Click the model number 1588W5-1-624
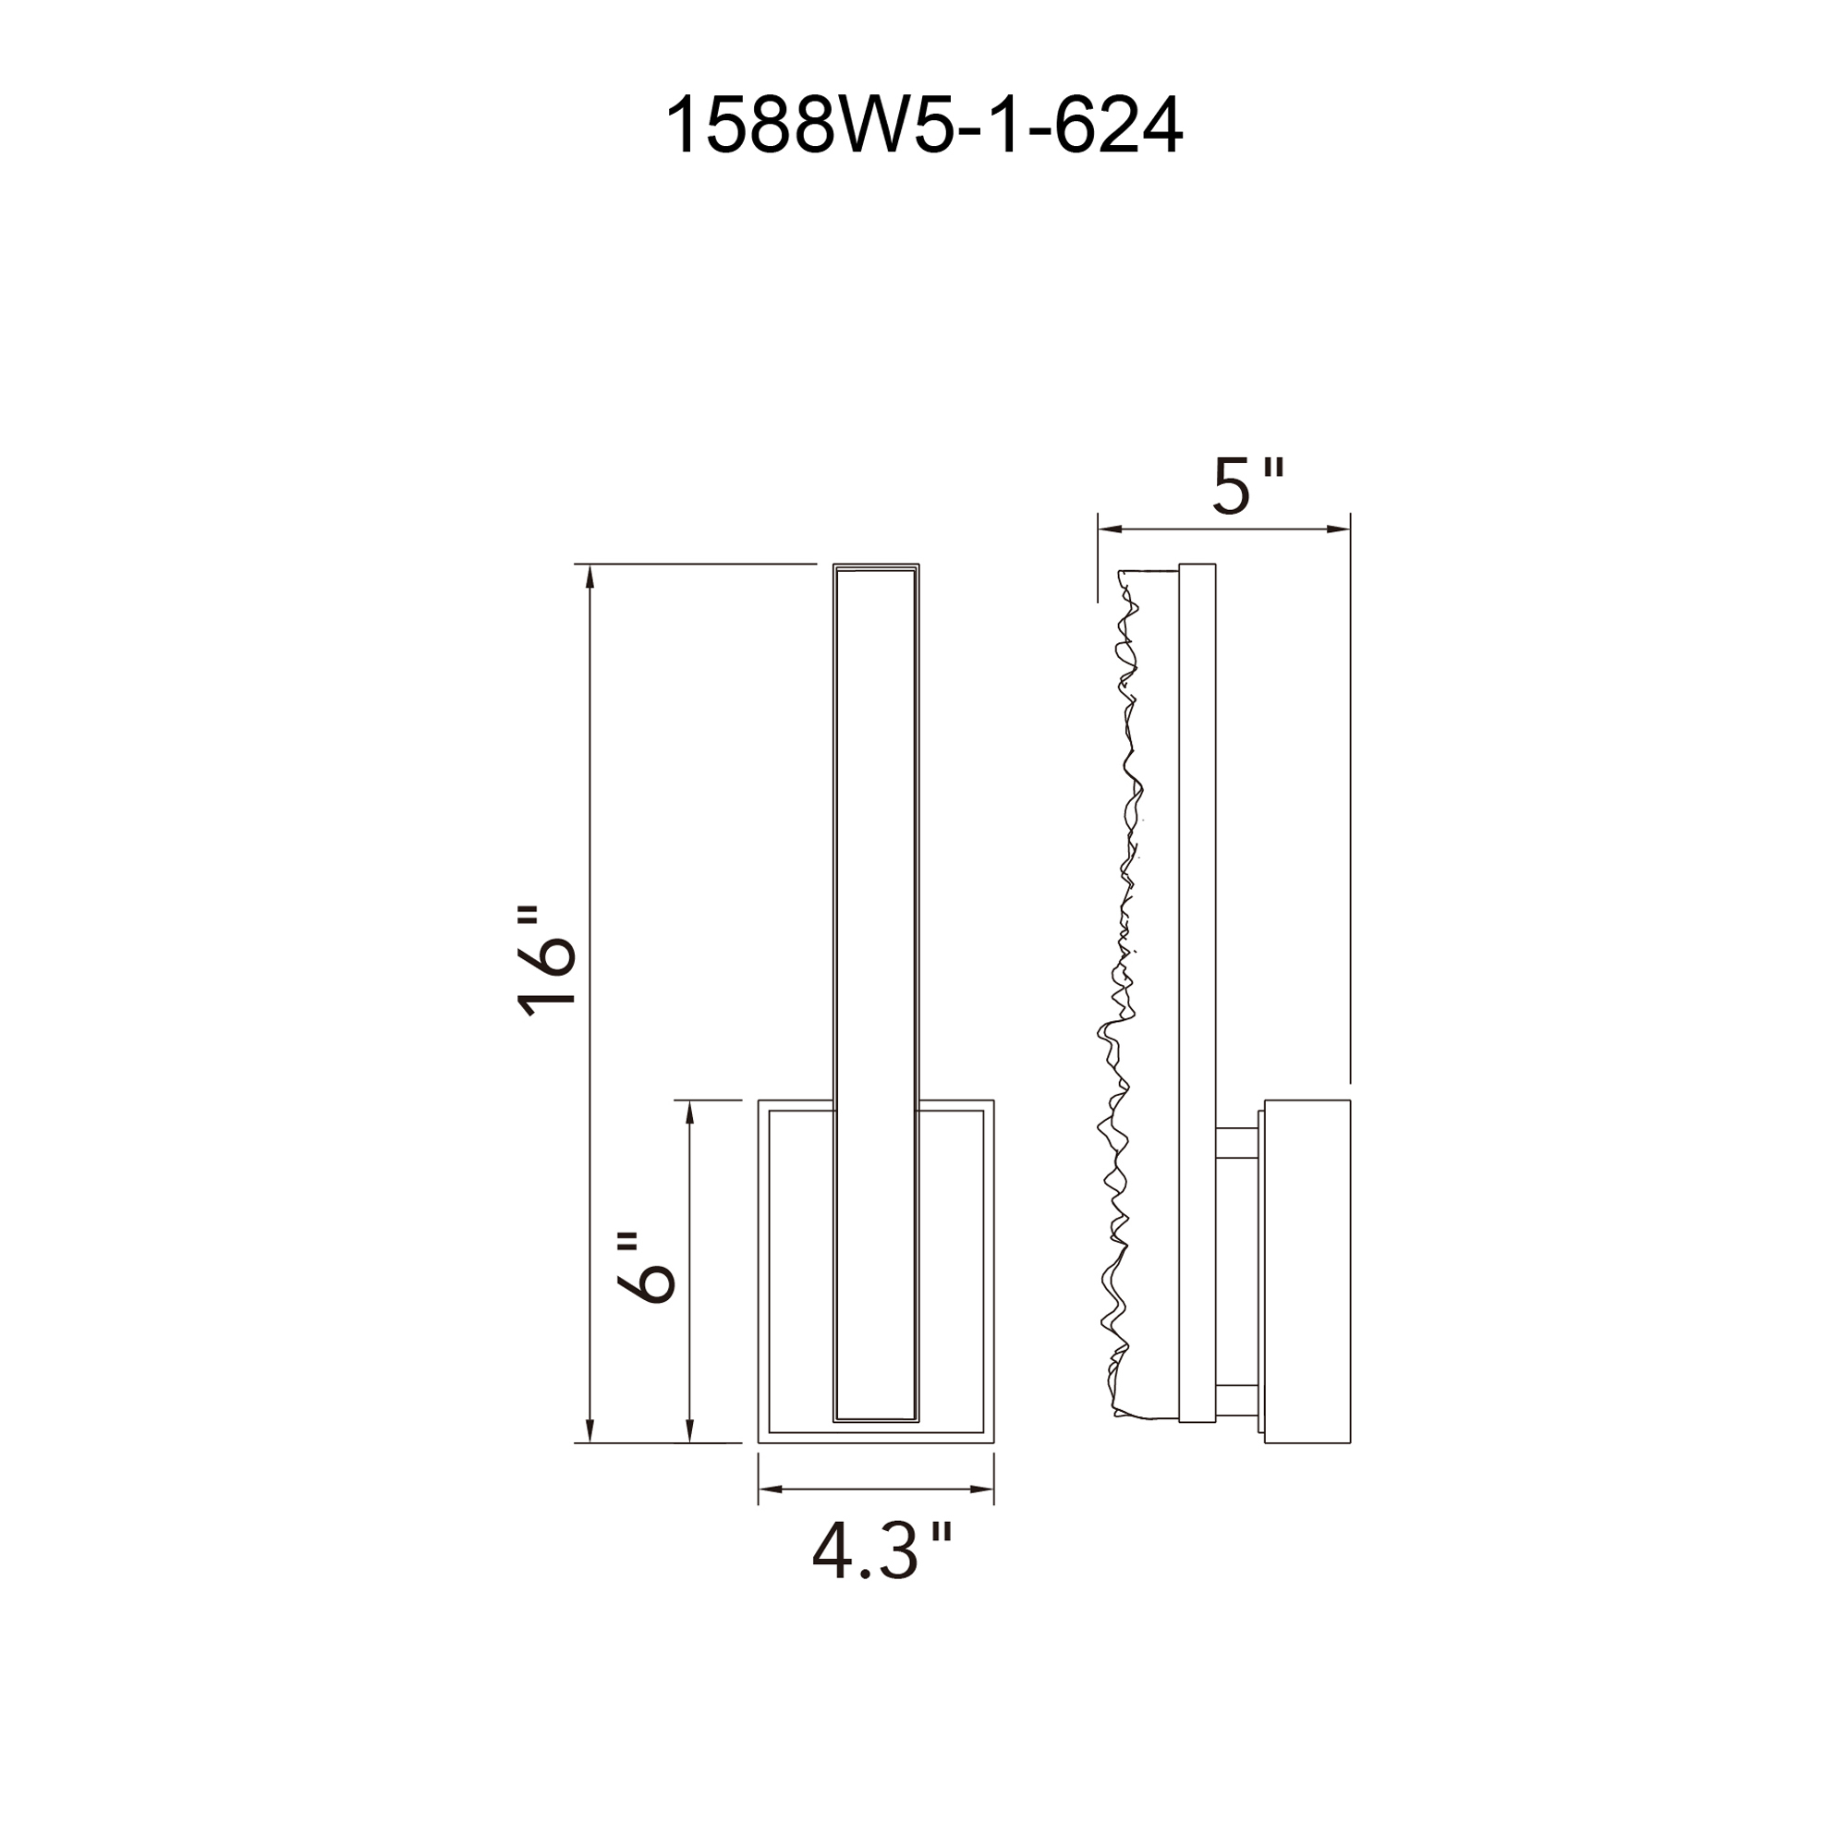[x=923, y=127]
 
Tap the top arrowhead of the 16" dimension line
[x=590, y=577]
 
